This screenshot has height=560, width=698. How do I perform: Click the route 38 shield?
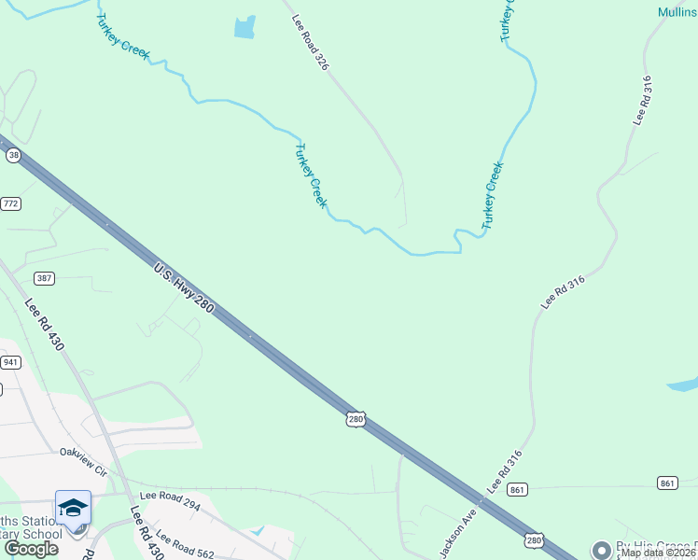12,156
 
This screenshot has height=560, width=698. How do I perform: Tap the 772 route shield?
11,203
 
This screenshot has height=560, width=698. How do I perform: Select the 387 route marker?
44,278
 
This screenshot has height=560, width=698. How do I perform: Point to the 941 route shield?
10,362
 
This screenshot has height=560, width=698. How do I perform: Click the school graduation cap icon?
73,508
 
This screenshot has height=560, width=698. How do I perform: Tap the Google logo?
31,549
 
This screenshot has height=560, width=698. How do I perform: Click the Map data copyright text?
658,553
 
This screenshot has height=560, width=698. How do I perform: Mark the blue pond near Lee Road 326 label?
244,27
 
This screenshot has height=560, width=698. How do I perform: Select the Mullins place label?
677,12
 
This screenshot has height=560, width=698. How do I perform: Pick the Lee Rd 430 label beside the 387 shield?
44,324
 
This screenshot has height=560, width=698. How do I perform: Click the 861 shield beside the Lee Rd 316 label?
519,489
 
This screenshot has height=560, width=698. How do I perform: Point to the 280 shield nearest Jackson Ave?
534,540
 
